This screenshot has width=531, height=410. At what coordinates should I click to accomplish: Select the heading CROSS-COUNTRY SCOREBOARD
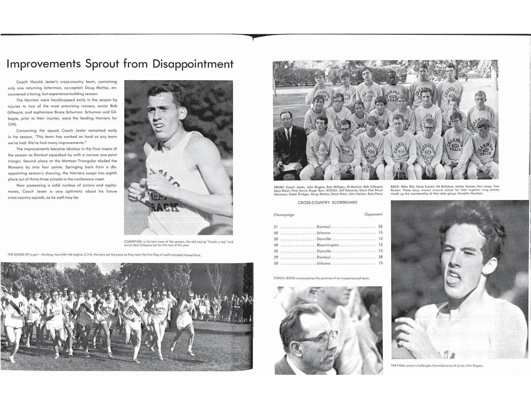tap(328, 202)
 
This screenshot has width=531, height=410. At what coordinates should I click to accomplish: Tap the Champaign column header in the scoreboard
tap(284, 214)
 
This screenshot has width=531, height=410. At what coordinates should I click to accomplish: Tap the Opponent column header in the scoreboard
tap(373, 214)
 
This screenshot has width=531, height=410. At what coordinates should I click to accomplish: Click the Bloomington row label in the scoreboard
tap(328, 245)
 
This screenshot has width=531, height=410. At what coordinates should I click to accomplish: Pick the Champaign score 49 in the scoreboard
tap(276, 245)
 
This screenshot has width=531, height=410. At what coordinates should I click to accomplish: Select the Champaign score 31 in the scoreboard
tap(276, 227)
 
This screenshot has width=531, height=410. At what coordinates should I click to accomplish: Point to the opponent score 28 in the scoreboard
tap(380, 257)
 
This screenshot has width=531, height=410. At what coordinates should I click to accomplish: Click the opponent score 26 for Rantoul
tap(380, 227)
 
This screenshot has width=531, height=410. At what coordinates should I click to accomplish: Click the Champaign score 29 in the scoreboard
tap(276, 257)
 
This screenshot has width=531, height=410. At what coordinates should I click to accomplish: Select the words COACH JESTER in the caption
tap(284, 278)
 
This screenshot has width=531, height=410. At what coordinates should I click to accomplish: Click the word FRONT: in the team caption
tap(279, 187)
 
